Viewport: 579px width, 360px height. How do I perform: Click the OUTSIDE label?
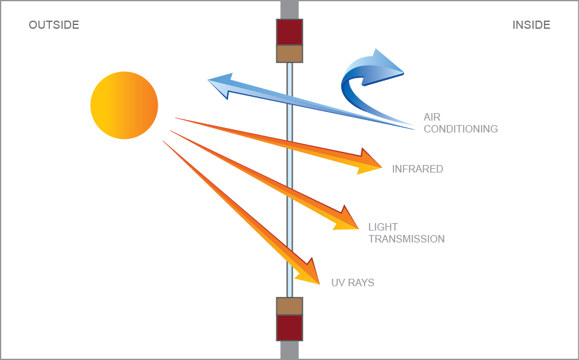pos(54,25)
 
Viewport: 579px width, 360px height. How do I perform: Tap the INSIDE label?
pos(531,25)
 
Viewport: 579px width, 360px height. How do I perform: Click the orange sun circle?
pos(124,105)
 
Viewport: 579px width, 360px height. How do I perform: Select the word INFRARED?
pos(417,169)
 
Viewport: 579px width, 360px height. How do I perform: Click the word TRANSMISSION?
pos(406,239)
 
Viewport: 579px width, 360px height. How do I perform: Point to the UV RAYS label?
pos(353,282)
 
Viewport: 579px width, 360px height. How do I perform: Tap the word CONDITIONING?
pos(461,129)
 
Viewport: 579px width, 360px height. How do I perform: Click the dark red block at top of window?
pos(289,32)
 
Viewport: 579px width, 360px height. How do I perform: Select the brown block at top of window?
pos(289,54)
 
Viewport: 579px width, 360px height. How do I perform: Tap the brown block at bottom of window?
pos(289,306)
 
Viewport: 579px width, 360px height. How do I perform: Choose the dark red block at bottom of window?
pos(289,327)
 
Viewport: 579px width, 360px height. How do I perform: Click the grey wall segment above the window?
pos(289,9)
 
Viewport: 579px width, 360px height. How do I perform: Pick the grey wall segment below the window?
pos(289,350)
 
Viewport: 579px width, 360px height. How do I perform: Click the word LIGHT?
pos(383,227)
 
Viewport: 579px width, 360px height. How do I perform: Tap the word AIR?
pos(432,117)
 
